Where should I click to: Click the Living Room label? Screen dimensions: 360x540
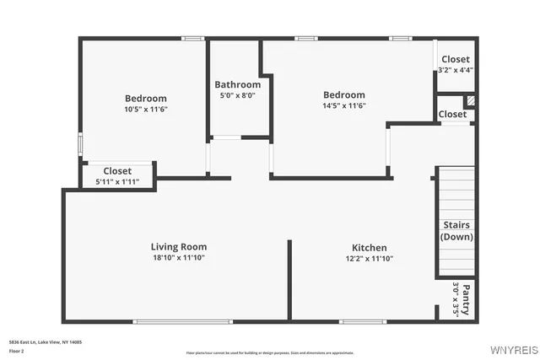179,247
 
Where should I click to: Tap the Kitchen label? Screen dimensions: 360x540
370,248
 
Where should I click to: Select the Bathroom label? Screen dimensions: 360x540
238,85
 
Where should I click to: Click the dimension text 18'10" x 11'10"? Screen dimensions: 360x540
179,258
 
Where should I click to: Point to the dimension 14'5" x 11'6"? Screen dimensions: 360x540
344,106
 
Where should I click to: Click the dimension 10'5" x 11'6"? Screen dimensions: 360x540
146,109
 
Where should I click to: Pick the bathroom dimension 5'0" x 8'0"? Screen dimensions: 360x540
237,96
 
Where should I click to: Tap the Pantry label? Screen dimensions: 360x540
466,298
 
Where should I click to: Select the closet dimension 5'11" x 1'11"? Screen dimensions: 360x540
117,181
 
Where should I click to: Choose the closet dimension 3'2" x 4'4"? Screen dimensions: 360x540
456,70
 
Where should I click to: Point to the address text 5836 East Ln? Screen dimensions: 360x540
46,342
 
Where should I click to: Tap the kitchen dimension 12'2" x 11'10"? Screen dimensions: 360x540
370,259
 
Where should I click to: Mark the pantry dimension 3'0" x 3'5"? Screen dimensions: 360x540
456,298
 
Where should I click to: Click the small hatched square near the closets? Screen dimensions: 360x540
471,100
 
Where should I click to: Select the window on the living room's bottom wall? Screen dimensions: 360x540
182,320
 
